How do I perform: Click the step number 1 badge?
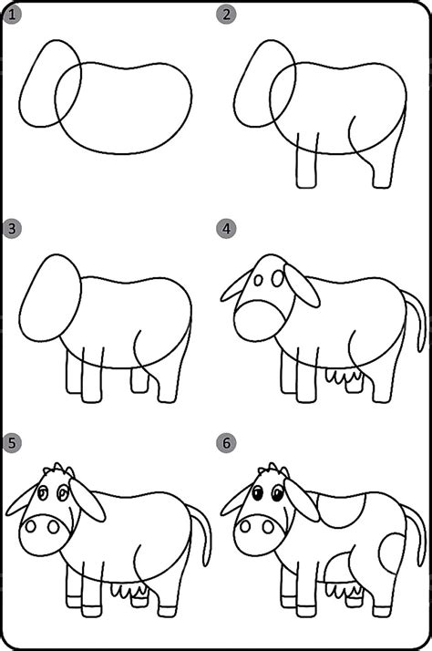tap(12, 15)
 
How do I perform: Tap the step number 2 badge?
tap(226, 15)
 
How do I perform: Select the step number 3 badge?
tap(12, 229)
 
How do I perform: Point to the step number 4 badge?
tap(226, 229)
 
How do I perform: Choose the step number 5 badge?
tap(12, 442)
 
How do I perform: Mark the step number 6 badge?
tap(226, 442)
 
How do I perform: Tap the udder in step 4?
tap(344, 377)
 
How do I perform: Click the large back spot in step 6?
tap(341, 510)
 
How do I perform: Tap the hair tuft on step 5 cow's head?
tap(59, 470)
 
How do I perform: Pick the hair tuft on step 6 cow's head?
tap(273, 470)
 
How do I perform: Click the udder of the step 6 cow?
tap(343, 590)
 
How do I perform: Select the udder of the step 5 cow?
tap(129, 590)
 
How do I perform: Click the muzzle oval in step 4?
tap(261, 321)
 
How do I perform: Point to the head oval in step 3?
tap(50, 298)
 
